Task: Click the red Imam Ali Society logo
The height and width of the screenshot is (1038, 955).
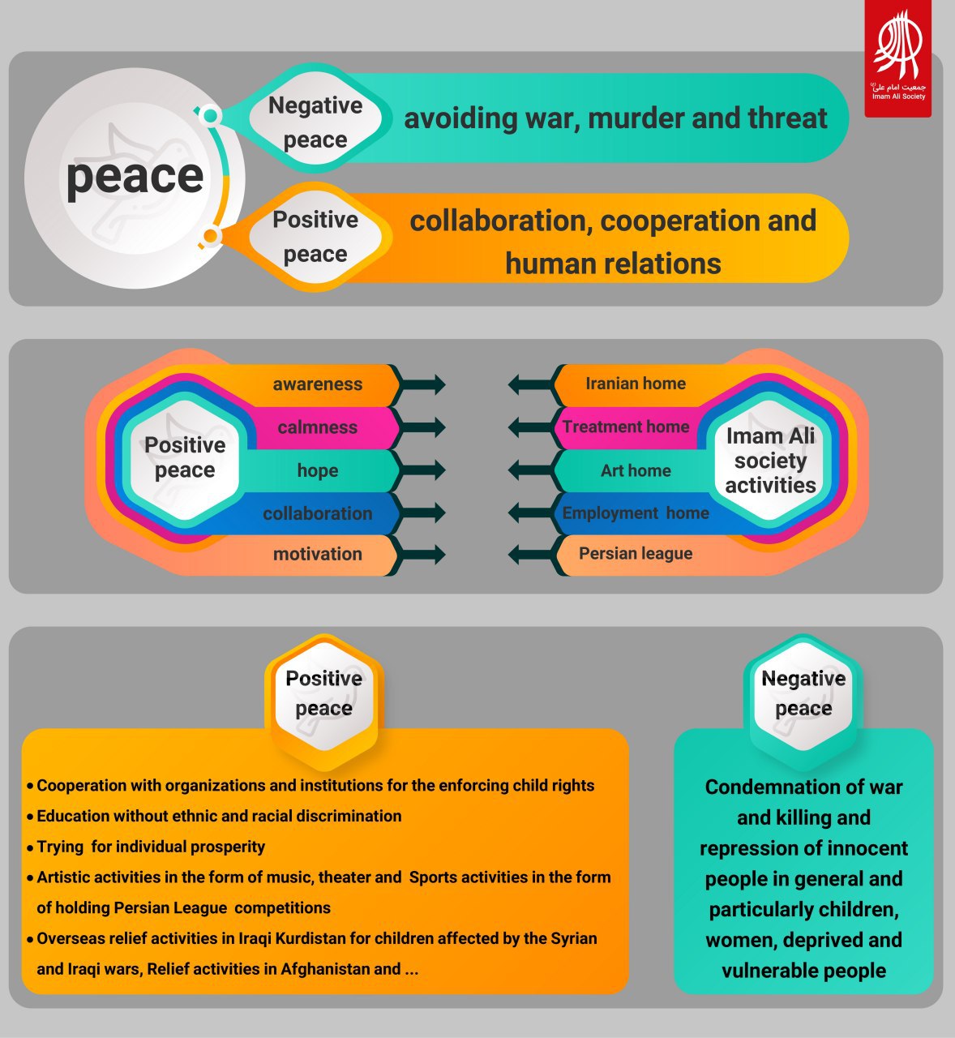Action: pos(897,58)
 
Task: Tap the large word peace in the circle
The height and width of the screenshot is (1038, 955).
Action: pos(135,178)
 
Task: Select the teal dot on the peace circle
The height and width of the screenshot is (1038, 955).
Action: pos(210,115)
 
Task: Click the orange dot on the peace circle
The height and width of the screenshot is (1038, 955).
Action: pos(210,236)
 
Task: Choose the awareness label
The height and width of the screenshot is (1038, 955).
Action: pos(318,384)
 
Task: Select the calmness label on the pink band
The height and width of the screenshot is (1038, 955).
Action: pos(318,427)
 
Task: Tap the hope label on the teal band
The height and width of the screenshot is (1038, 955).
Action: pos(318,470)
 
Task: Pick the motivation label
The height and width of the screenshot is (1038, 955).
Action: pos(318,554)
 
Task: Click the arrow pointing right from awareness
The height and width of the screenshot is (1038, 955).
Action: pos(422,384)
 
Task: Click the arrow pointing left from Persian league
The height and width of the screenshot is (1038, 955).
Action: pos(531,554)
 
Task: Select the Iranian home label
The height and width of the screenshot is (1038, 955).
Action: pos(636,384)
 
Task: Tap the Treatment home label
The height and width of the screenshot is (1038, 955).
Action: pos(626,427)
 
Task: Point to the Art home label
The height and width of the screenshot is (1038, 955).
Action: pos(636,470)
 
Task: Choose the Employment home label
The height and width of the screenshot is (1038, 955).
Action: pos(636,513)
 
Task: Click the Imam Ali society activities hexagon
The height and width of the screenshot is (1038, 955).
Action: pos(770,460)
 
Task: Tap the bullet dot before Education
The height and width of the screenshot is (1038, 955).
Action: pos(31,817)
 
